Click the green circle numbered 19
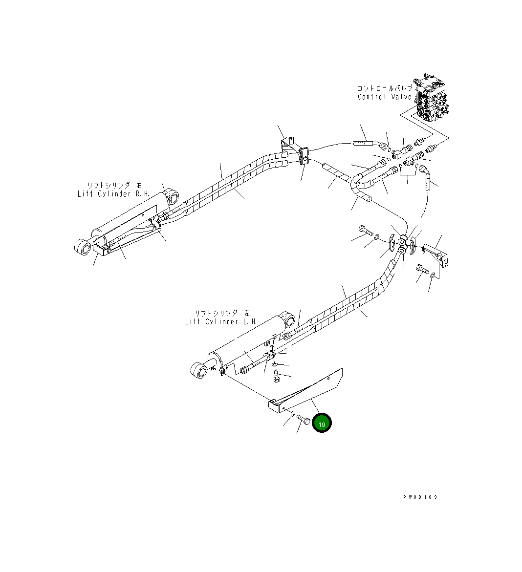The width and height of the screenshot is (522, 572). click(x=322, y=424)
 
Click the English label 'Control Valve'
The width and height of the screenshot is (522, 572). click(x=385, y=97)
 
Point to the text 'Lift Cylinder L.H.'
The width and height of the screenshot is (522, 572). click(x=221, y=321)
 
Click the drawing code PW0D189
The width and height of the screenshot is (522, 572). click(x=420, y=497)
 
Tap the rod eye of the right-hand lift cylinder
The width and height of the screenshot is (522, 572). click(x=83, y=247)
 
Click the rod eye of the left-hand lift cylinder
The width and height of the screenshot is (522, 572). click(x=199, y=369)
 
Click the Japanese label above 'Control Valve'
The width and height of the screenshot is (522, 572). click(x=385, y=88)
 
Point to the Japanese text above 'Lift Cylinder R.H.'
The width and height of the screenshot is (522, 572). click(x=114, y=186)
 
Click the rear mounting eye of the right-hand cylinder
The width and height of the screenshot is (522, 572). click(x=172, y=197)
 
